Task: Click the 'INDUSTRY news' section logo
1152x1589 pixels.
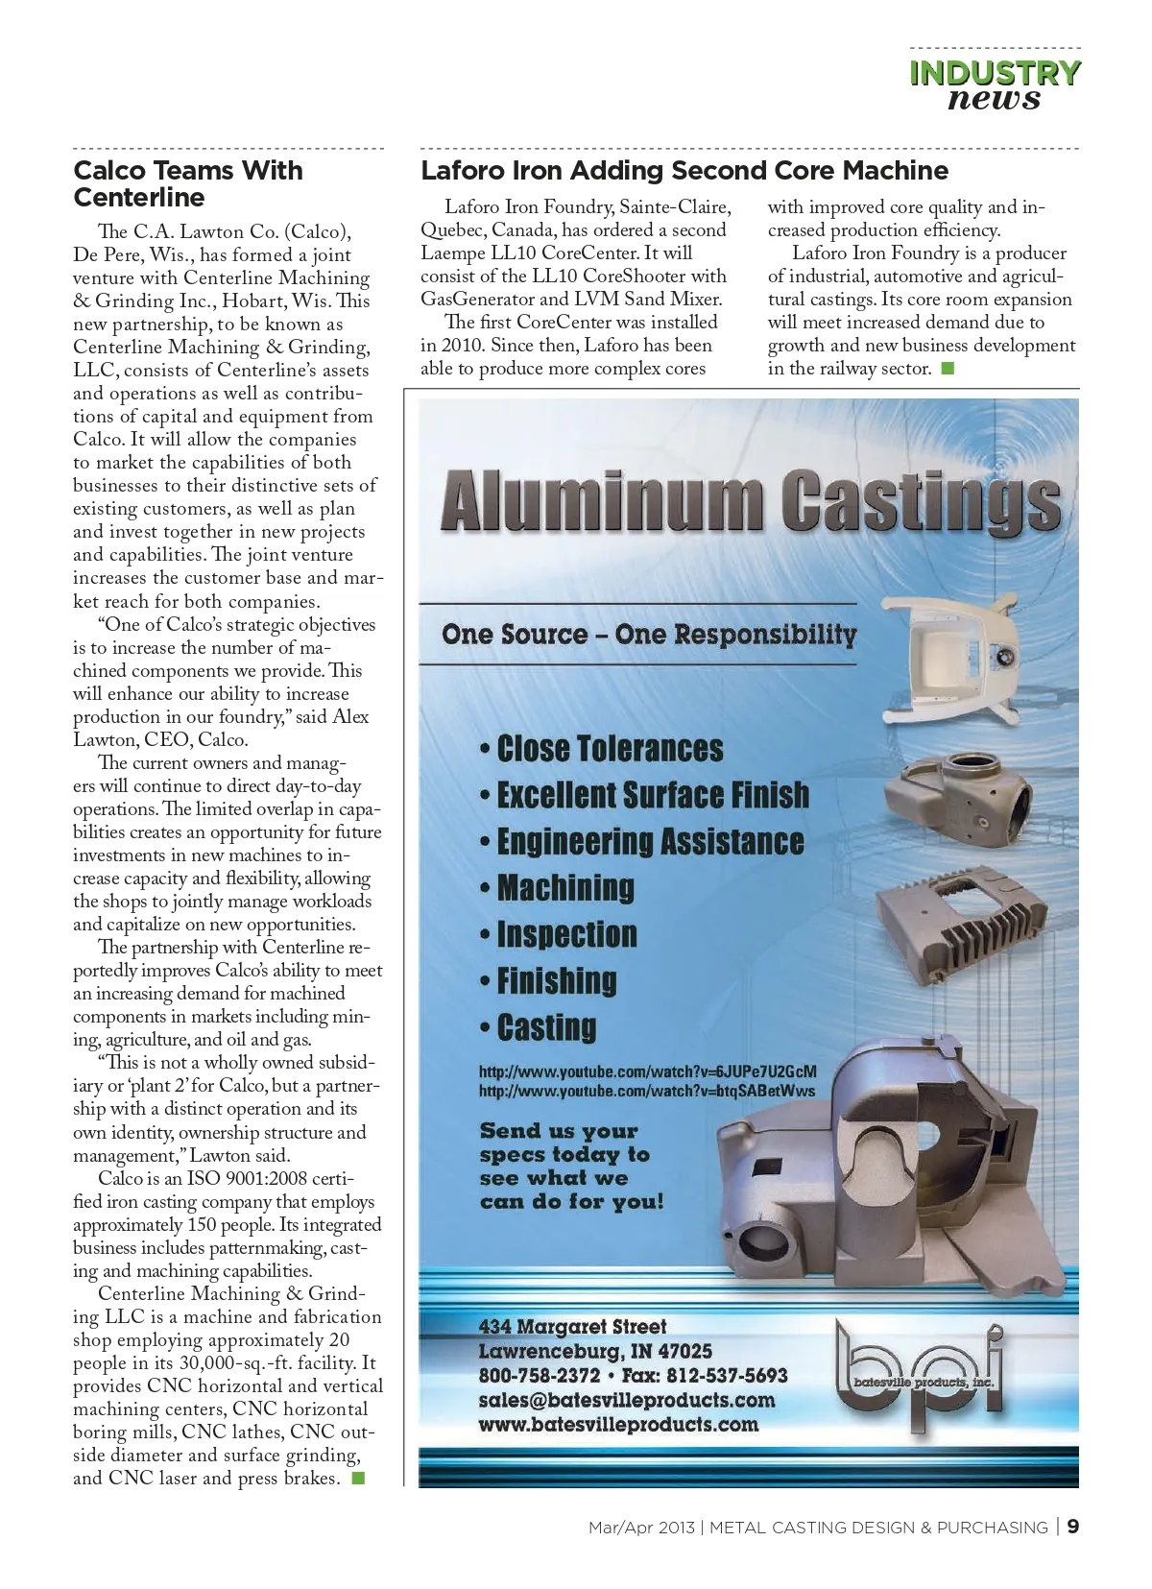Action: [x=995, y=85]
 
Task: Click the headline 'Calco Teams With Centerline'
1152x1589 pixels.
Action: [x=188, y=183]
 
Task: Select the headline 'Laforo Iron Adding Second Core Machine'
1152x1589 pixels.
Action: [x=684, y=171]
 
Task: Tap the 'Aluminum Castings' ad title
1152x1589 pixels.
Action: [x=750, y=499]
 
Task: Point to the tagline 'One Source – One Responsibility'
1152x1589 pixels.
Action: [x=649, y=634]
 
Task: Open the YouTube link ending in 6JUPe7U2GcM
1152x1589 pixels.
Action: [x=648, y=1071]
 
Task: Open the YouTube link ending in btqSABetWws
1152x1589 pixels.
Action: [x=647, y=1091]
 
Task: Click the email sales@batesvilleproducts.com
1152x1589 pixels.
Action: [x=626, y=1400]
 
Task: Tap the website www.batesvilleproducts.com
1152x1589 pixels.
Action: [x=618, y=1424]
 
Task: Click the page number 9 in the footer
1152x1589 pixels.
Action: [x=1073, y=1527]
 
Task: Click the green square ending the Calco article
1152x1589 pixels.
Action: [x=358, y=1478]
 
